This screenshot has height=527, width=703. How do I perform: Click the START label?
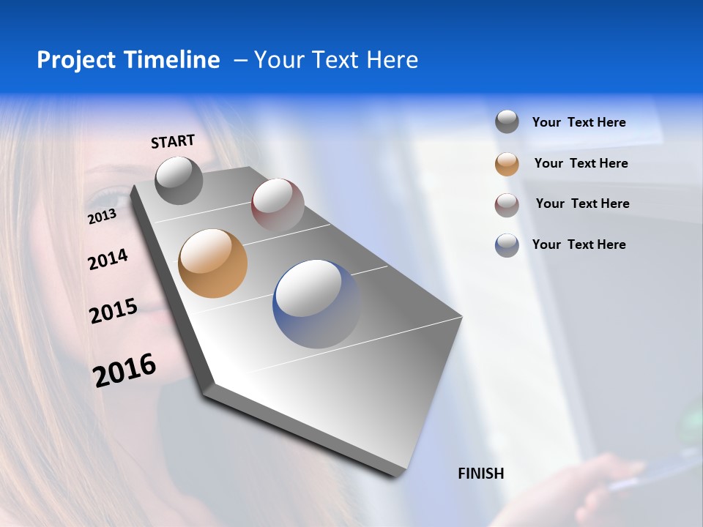tap(173, 141)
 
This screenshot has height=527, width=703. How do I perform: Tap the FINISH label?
tap(481, 474)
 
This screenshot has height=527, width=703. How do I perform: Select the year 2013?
tap(102, 217)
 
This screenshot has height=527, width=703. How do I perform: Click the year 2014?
tap(108, 259)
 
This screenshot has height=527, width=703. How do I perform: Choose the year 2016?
tap(124, 370)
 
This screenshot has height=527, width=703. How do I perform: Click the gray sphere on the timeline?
tap(179, 180)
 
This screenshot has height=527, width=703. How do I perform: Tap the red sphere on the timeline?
tap(278, 204)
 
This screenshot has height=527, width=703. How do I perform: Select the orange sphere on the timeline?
tap(212, 263)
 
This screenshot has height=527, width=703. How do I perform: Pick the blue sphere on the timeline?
tap(317, 304)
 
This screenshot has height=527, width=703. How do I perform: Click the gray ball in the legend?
tap(507, 122)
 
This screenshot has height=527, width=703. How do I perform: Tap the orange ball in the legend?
tap(507, 164)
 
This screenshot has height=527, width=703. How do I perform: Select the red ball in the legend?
tap(507, 205)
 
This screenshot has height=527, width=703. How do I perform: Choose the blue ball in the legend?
tap(507, 245)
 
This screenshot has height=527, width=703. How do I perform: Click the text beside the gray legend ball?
tap(579, 123)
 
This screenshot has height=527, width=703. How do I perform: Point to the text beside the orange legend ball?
tap(581, 163)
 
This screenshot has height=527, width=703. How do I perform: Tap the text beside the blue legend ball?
tap(579, 244)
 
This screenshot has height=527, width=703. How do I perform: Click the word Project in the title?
tap(73, 60)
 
